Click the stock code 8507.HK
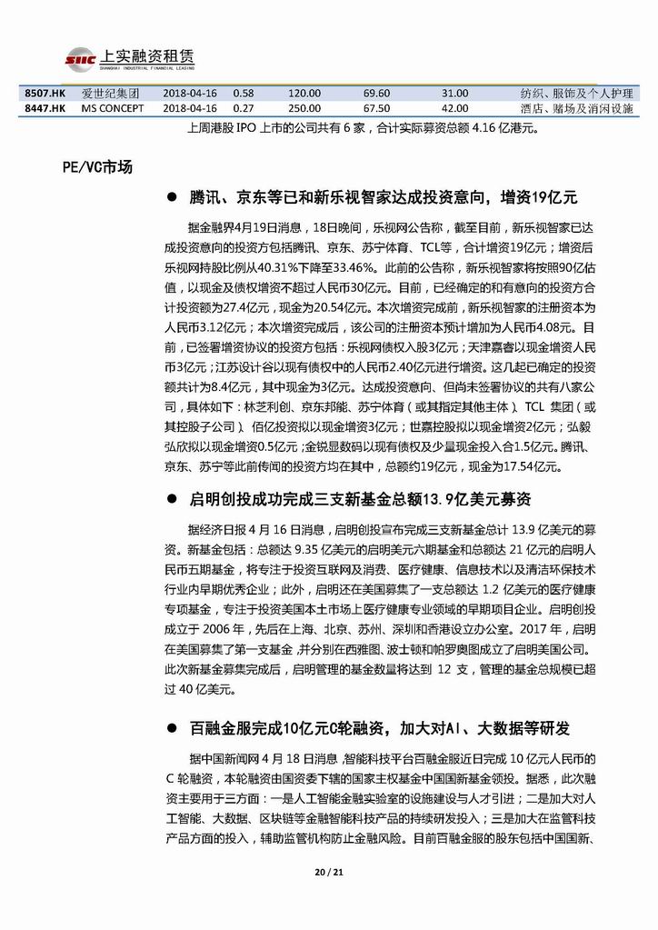click(x=45, y=94)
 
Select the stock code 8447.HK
click(x=45, y=108)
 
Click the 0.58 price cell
click(x=243, y=94)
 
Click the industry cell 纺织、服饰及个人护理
click(x=576, y=94)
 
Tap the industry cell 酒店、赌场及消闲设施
click(x=576, y=108)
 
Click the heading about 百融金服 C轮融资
click(x=380, y=729)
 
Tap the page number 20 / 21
click(x=328, y=874)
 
